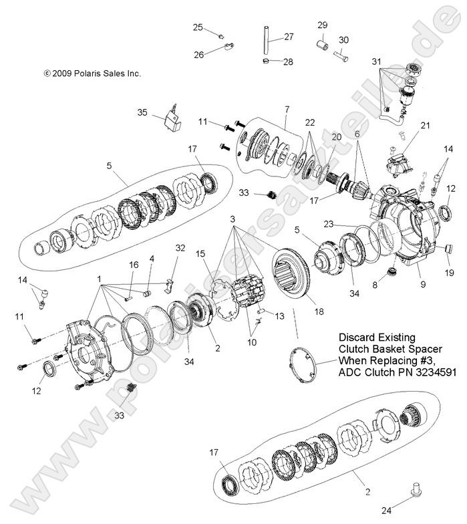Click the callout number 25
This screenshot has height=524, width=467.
198,27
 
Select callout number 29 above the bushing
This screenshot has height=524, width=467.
322,25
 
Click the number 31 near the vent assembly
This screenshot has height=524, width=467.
377,63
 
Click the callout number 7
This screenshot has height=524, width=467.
286,109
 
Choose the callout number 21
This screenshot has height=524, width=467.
425,125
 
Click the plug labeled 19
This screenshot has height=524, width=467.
444,250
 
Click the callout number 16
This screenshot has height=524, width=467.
134,265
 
